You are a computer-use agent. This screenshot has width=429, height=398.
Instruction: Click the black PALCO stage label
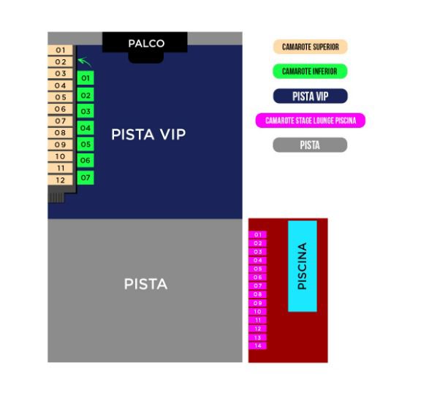[x=146, y=44]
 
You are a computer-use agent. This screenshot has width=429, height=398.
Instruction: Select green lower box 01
[x=86, y=78]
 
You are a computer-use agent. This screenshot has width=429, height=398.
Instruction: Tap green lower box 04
[x=86, y=128]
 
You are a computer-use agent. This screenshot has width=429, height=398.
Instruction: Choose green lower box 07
[x=86, y=177]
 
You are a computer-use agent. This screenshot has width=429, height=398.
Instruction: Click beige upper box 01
[x=60, y=50]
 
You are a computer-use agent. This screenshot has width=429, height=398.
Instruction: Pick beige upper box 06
[x=60, y=109]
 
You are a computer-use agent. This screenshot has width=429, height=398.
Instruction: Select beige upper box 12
[x=60, y=180]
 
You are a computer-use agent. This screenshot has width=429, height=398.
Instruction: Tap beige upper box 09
[x=60, y=145]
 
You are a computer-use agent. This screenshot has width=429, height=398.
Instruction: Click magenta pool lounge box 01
[x=257, y=234]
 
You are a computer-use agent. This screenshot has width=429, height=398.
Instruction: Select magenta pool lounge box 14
[x=257, y=345]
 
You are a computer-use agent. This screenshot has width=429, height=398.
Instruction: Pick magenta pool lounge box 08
[x=257, y=294]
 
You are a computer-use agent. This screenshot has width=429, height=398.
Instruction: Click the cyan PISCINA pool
[x=303, y=266]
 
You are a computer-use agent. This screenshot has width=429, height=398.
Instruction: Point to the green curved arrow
[x=85, y=61]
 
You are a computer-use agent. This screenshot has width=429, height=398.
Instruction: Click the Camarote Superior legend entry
[x=311, y=47]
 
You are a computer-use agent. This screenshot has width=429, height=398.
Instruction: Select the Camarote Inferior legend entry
[x=311, y=72]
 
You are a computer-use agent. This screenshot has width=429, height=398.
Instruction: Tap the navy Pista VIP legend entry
[x=311, y=96]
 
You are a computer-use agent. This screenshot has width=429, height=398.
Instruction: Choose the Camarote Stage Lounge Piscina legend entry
[x=311, y=120]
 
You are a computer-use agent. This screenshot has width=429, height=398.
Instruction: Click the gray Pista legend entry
[x=310, y=145]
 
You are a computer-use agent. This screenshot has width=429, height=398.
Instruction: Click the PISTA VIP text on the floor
[x=148, y=134]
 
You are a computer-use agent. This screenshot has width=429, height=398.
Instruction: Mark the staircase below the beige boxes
[x=56, y=198]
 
